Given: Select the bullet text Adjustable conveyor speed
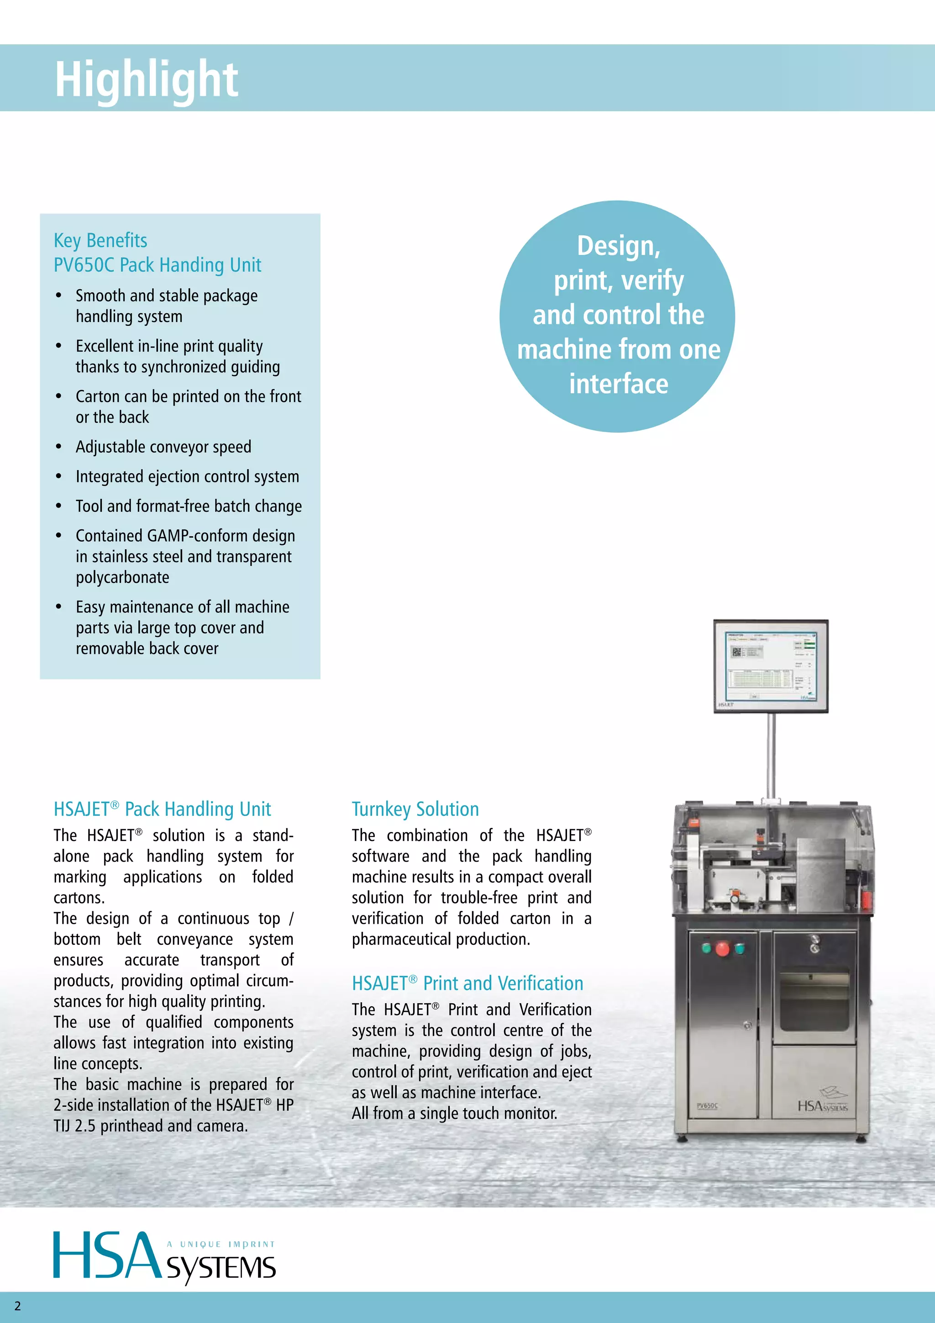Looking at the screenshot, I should pyautogui.click(x=163, y=447).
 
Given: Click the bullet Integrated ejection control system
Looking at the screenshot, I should pyautogui.click(x=187, y=476).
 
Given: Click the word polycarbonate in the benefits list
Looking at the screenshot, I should pyautogui.click(x=123, y=577).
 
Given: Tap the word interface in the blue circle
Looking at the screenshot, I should pyautogui.click(x=618, y=384).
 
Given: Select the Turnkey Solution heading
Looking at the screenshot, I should pyautogui.click(x=415, y=809).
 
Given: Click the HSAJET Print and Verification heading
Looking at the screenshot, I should pyautogui.click(x=467, y=983).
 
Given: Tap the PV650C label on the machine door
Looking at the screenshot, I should pyautogui.click(x=707, y=1106).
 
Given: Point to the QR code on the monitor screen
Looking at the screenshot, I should pyautogui.click(x=736, y=652).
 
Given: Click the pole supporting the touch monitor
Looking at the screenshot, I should pyautogui.click(x=772, y=755).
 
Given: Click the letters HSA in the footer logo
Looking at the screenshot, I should pyautogui.click(x=106, y=1255).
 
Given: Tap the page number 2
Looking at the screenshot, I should pyautogui.click(x=17, y=1306).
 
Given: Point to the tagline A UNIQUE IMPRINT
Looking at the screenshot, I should pyautogui.click(x=221, y=1244).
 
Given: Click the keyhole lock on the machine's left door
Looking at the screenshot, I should pyautogui.click(x=747, y=1026).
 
